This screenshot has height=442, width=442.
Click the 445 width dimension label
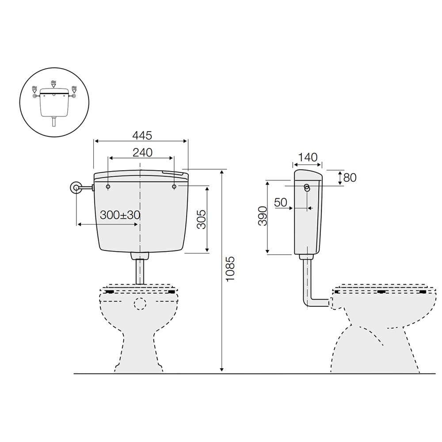(142, 136)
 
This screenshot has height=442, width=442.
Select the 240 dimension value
(142, 152)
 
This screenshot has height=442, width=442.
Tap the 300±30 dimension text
(120, 215)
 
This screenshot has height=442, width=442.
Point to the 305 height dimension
(202, 219)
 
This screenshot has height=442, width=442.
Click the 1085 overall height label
(230, 269)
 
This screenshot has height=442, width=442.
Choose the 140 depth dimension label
(308, 157)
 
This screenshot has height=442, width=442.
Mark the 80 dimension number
(350, 178)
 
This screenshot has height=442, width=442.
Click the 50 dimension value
(281, 202)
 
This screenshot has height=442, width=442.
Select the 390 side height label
(263, 216)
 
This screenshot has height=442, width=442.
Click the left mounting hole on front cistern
(108, 187)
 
